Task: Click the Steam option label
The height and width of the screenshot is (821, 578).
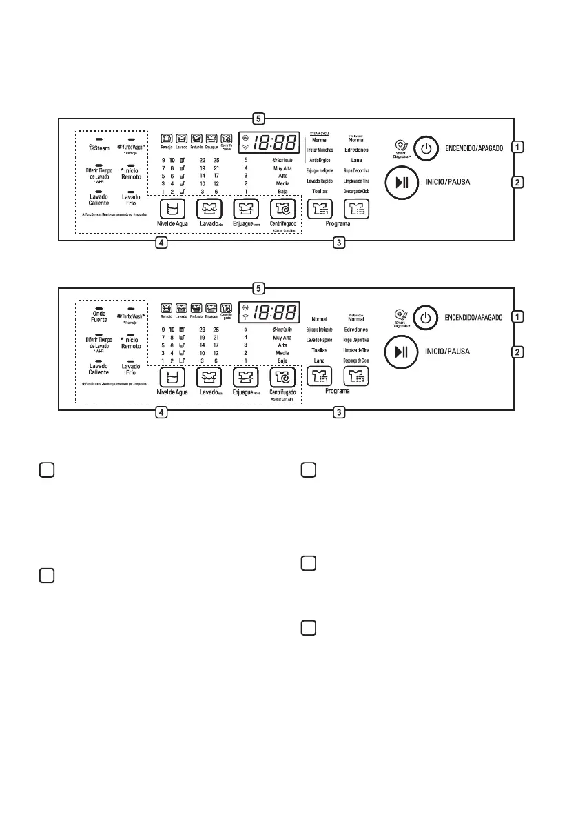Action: [97, 147]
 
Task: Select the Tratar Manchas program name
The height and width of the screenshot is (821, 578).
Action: [320, 150]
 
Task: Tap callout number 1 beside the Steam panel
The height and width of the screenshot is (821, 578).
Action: [517, 147]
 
